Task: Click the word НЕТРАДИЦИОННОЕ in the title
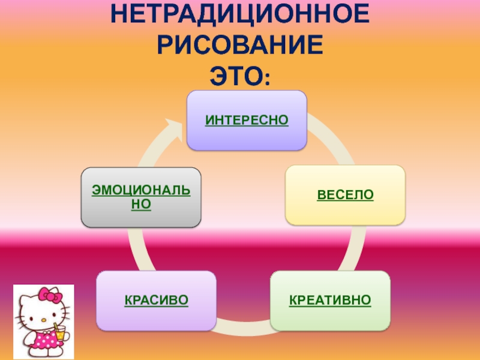click(239, 13)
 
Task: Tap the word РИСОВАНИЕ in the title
click(239, 45)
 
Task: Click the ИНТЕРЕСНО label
click(247, 121)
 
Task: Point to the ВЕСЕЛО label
click(345, 196)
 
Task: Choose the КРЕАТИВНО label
click(330, 299)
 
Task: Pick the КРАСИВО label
click(157, 299)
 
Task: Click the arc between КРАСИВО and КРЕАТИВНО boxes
click(243, 327)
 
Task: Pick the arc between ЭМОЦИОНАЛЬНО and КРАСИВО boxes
click(132, 249)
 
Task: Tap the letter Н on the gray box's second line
click(136, 205)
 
